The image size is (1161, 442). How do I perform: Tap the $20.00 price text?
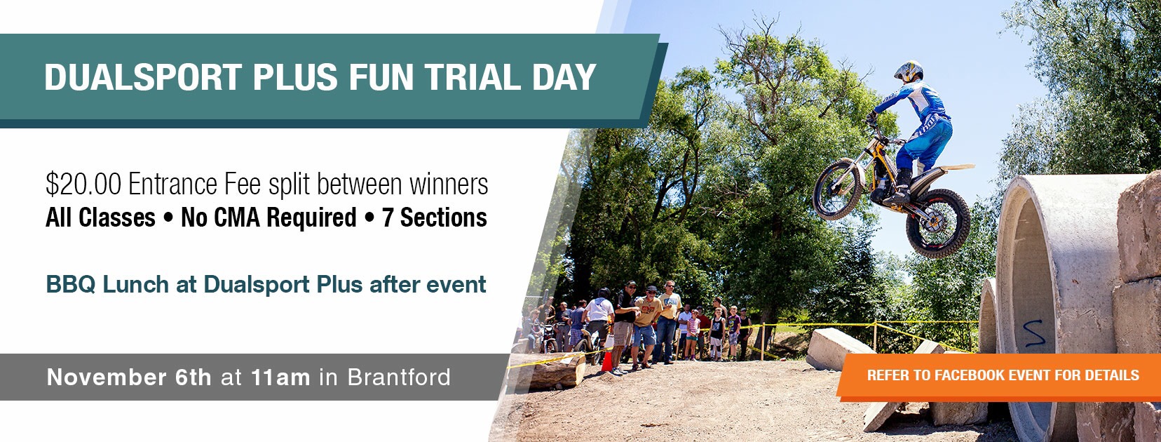pos(83,184)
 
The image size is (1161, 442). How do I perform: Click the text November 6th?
pos(129,377)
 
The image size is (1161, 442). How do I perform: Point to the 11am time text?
pos(280,377)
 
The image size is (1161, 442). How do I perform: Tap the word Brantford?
pos(399,377)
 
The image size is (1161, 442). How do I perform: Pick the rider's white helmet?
pos(909,71)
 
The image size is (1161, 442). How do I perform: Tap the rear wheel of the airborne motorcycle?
pos(938,223)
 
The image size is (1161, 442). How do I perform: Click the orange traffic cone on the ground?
pos(606,361)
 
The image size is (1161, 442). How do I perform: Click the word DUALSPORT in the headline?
pos(143,76)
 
